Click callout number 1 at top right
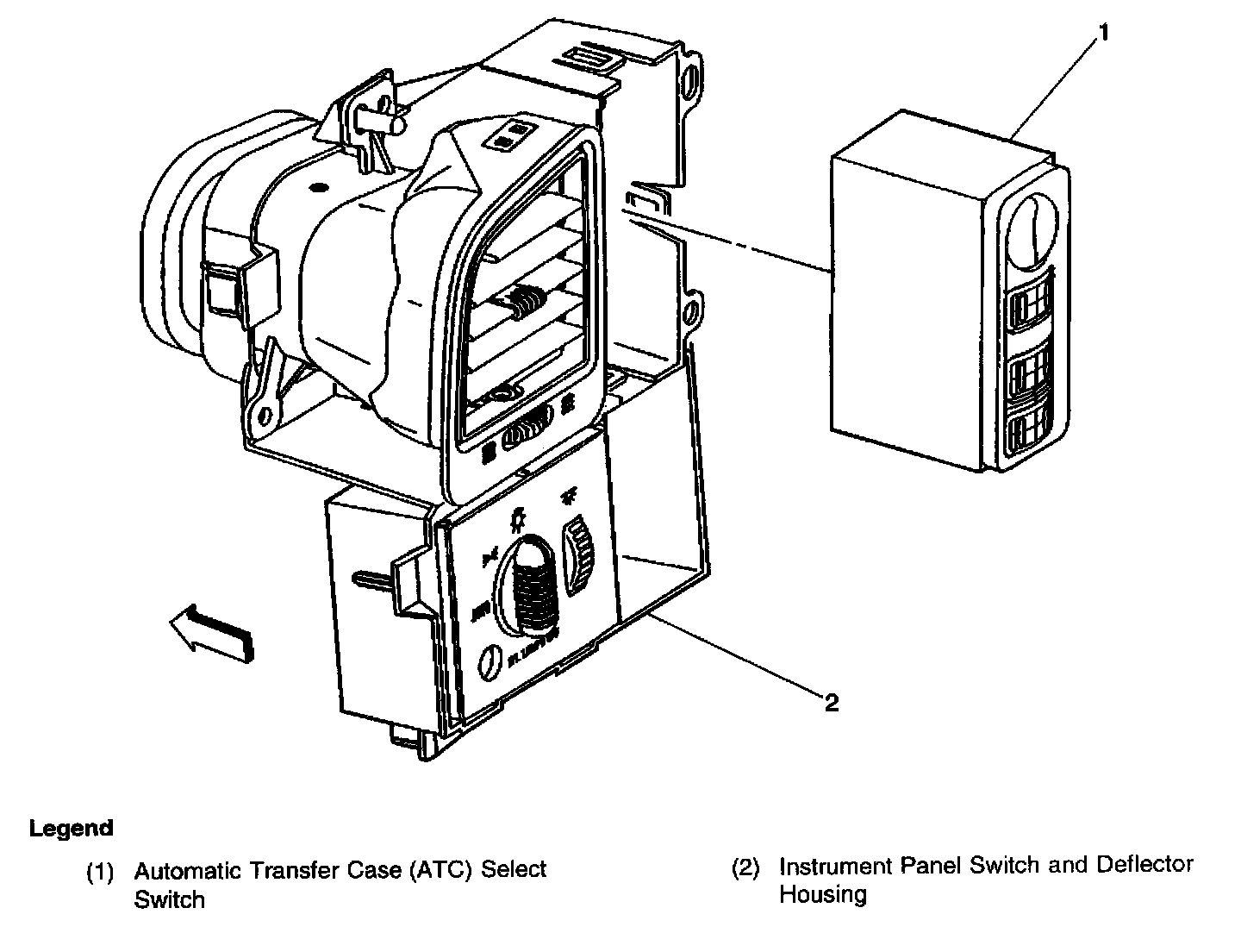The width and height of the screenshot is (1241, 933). click(1103, 34)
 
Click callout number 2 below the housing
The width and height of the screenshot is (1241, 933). click(831, 703)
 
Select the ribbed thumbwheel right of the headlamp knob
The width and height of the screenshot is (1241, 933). click(579, 560)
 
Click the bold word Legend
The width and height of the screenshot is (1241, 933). click(72, 829)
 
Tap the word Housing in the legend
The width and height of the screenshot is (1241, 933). click(823, 895)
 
